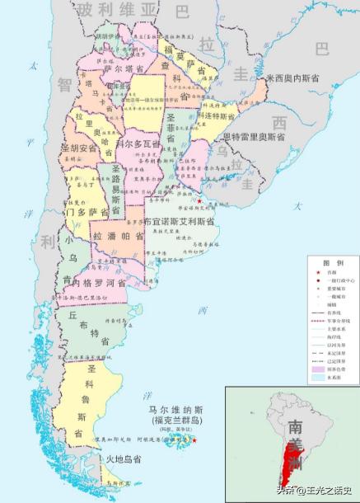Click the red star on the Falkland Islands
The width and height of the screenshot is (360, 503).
click(x=194, y=440)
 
